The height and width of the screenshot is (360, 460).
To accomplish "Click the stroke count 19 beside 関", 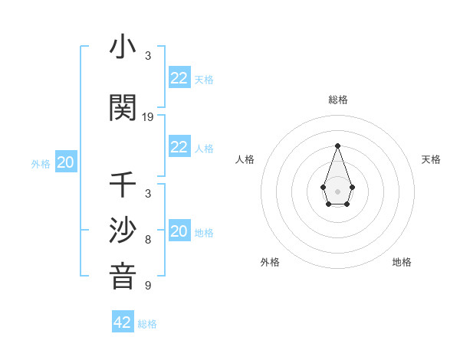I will [x=148, y=117].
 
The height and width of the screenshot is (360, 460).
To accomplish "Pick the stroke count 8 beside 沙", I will [x=148, y=240].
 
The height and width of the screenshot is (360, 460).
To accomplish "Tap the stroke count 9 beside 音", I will [x=148, y=286].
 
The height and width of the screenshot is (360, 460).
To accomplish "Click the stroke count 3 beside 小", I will [x=148, y=56].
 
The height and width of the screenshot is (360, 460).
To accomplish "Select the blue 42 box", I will [x=123, y=322].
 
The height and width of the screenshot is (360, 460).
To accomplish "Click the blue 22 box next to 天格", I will [x=179, y=78].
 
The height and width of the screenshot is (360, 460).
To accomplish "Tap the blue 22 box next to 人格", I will [x=179, y=147].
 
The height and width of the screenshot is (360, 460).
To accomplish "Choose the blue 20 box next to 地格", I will [x=179, y=231].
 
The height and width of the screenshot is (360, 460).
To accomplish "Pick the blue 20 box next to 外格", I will [x=66, y=162].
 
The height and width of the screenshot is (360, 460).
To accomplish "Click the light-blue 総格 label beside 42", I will [x=147, y=324].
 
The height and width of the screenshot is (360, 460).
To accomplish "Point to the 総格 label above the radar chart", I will [x=337, y=100].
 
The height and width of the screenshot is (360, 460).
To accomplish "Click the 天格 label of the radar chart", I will [x=431, y=159].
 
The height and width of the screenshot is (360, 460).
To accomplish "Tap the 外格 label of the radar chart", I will [x=270, y=262].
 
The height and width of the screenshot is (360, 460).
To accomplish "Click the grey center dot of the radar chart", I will [x=337, y=190].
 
